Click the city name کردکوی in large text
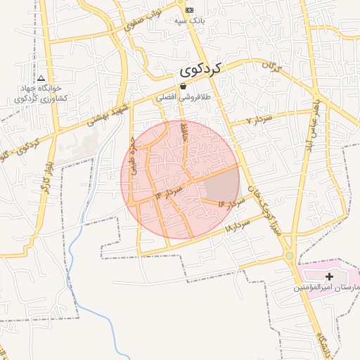point(200,69)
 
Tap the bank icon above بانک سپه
point(189,10)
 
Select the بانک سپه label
point(189,21)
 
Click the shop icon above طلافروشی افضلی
point(183,86)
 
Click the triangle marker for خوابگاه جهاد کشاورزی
point(41,78)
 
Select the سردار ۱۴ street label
point(169,191)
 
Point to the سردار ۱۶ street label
point(230,203)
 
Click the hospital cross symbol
point(329,277)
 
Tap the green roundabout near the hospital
point(290,256)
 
